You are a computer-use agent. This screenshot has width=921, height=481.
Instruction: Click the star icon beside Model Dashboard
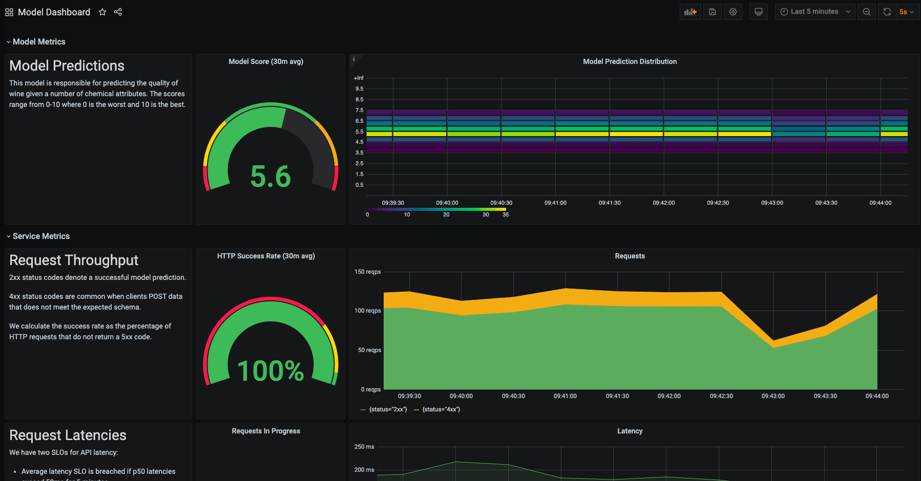tap(102, 12)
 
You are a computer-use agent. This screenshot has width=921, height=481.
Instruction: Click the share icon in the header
tap(118, 12)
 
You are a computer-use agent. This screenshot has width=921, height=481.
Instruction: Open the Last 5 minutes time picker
tap(814, 12)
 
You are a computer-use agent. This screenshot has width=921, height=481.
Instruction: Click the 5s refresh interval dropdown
tap(906, 12)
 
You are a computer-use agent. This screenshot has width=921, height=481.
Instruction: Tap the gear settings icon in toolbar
tap(733, 12)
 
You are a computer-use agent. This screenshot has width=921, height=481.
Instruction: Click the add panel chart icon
tap(690, 12)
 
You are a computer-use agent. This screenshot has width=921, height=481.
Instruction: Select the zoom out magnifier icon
tap(866, 12)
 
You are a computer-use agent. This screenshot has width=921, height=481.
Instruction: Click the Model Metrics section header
tap(39, 42)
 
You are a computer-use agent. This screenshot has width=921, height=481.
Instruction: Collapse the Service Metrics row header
tap(41, 236)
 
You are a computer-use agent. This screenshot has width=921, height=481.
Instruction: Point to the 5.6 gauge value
tap(270, 177)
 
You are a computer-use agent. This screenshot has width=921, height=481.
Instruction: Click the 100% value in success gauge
tap(270, 371)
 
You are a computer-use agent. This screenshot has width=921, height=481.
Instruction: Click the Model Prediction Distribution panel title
tap(630, 61)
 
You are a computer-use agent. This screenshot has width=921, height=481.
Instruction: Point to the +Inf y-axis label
tap(359, 78)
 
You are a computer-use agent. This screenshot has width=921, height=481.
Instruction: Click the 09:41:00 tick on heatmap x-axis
tap(555, 203)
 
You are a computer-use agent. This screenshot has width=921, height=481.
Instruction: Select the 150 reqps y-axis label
tap(367, 272)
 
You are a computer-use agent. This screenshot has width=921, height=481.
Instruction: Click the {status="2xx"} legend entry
tap(387, 409)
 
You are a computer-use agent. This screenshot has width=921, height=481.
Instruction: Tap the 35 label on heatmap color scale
tap(506, 215)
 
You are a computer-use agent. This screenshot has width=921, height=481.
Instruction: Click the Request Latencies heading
tap(68, 435)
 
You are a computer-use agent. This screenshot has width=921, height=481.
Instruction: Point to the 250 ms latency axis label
tap(364, 447)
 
